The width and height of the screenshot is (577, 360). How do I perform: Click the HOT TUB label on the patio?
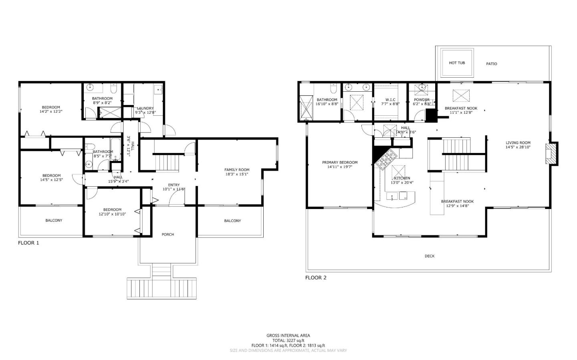click(x=457, y=63)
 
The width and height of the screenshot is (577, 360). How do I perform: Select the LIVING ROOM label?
click(x=518, y=143)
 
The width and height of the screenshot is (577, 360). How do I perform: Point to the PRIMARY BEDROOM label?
click(x=340, y=163)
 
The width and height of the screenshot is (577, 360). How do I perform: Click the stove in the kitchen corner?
click(x=386, y=159)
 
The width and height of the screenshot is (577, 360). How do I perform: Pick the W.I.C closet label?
click(x=390, y=100)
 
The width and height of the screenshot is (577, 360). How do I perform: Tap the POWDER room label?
click(x=422, y=100)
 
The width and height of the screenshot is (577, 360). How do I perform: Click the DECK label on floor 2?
click(x=429, y=256)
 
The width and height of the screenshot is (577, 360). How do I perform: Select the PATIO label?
click(x=491, y=64)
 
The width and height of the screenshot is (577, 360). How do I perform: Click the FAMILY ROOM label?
click(x=237, y=170)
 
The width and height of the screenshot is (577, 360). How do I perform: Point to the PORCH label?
click(x=167, y=234)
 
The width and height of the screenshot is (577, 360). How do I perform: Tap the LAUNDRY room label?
click(x=145, y=108)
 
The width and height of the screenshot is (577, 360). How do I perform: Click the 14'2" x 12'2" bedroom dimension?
click(x=51, y=111)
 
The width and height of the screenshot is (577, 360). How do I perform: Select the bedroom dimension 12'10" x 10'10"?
click(x=112, y=214)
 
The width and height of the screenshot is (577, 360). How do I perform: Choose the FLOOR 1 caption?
click(x=28, y=243)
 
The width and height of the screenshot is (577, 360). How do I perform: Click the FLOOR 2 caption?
click(x=316, y=278)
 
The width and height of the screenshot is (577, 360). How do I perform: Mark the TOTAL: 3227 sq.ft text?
click(x=288, y=340)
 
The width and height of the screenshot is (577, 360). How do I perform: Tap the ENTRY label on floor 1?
click(x=174, y=185)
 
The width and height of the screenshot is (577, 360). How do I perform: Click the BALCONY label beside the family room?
click(x=232, y=221)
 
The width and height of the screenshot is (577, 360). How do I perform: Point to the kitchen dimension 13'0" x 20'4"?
click(x=402, y=183)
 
